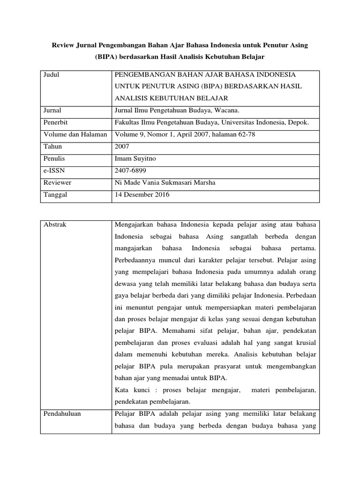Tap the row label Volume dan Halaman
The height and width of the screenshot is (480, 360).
tap(75, 135)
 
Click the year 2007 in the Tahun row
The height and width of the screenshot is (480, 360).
tap(122, 147)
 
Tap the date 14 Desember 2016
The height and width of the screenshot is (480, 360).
tap(142, 195)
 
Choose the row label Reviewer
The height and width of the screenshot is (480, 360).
tap(57, 183)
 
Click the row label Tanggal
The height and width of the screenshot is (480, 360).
tap(56, 195)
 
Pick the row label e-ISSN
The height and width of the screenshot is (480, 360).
tap(54, 171)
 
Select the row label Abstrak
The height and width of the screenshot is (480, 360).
tap(55, 225)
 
